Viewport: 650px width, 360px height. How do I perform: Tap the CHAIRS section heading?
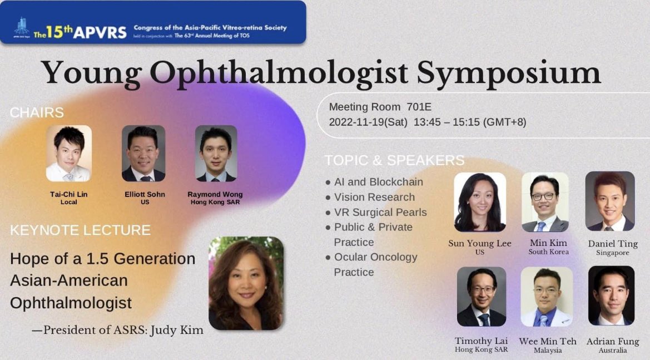point(37,112)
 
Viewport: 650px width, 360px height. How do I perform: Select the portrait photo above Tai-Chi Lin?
point(68,154)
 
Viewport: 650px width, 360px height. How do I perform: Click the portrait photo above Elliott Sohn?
point(143,154)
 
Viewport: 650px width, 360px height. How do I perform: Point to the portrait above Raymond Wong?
point(216,154)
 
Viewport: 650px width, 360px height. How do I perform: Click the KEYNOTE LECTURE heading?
point(80,230)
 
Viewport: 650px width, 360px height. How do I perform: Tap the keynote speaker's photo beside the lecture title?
point(246,283)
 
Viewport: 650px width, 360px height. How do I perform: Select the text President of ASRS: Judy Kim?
point(123,330)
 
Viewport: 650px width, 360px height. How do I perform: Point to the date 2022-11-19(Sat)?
point(368,122)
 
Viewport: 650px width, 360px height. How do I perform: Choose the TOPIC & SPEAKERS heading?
point(394,160)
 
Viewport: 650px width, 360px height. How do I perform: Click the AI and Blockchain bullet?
point(378,182)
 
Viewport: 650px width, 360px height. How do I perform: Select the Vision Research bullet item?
point(374,197)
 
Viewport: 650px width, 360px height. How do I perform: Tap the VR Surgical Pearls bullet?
point(380,212)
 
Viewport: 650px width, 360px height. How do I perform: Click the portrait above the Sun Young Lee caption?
point(480,201)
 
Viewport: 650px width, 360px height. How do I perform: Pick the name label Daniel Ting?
point(613,244)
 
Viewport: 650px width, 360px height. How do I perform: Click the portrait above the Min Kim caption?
point(545,201)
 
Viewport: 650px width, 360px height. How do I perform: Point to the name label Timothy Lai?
point(482,341)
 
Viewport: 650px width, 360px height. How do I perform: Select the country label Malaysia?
point(548,351)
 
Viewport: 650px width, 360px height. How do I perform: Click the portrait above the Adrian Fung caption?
point(611,295)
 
